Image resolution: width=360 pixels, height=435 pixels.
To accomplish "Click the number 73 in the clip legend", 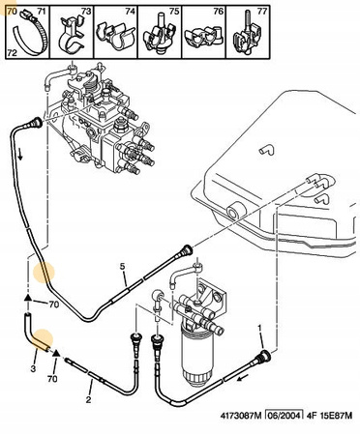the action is pos(86,12).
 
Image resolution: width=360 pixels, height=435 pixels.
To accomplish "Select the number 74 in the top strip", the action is pos(130,12).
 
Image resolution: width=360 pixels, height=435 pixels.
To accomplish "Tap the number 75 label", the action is pos(174,12).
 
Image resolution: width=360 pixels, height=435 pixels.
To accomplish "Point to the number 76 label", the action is pos(219,12).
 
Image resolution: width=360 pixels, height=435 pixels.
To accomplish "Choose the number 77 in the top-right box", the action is pos(262,12).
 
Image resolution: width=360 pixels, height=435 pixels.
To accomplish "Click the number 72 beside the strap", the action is pos(12,53).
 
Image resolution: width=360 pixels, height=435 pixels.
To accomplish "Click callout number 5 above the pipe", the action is pos(122,267).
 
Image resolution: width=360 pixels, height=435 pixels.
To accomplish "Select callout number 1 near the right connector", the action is pos(259,328).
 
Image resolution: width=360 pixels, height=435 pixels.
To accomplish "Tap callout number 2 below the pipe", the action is pos(88,400).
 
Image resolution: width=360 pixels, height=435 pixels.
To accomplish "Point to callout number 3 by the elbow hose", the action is pos(33,368).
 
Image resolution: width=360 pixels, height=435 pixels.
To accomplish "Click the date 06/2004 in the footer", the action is pos(284,416).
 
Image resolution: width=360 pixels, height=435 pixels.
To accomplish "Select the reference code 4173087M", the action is pos(240,416).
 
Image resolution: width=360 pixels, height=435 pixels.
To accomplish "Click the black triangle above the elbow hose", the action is pos(28,297).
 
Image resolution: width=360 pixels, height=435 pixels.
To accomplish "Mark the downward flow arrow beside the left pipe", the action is pos(20,155).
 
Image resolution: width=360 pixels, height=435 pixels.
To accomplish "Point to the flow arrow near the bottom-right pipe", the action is pos(244,377).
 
